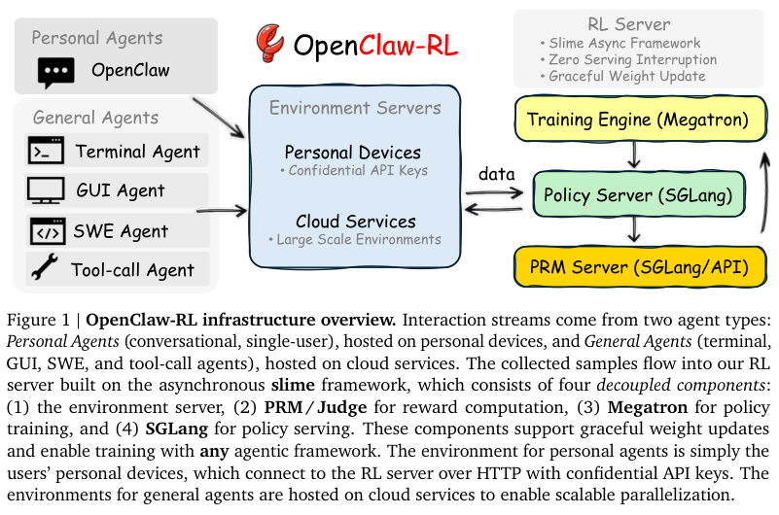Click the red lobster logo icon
pyautogui.click(x=269, y=43)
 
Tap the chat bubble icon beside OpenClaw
pyautogui.click(x=55, y=71)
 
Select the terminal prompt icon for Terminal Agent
pyautogui.click(x=46, y=152)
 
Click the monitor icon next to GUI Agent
pyautogui.click(x=46, y=190)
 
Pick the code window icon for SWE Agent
pyautogui.click(x=46, y=231)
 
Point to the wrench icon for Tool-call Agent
pyautogui.click(x=45, y=270)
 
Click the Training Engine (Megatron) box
pyautogui.click(x=637, y=120)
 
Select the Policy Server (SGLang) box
pyautogui.click(x=637, y=194)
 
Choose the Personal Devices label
pyautogui.click(x=352, y=154)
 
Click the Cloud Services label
pyautogui.click(x=355, y=222)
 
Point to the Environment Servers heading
pyautogui.click(x=354, y=108)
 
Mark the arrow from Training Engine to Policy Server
pyautogui.click(x=633, y=155)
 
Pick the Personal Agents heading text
pyautogui.click(x=96, y=39)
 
